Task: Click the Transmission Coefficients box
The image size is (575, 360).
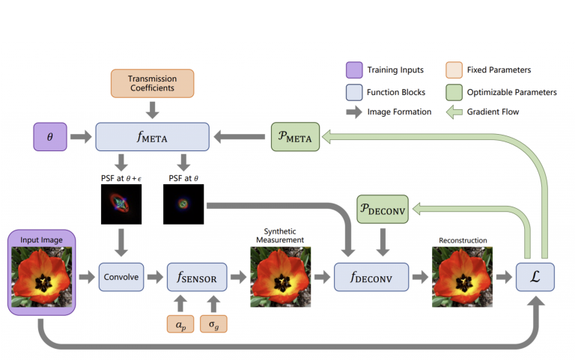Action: tap(152, 84)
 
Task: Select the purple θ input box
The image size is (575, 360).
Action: tap(50, 137)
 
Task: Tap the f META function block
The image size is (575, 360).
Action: tap(152, 137)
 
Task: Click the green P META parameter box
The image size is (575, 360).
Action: tap(295, 137)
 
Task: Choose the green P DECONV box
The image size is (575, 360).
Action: tap(383, 209)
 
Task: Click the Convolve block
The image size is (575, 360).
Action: tap(121, 277)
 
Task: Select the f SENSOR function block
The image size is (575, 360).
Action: tap(197, 277)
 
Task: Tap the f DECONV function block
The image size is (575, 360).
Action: tap(371, 277)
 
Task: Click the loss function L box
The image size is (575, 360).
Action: tap(535, 277)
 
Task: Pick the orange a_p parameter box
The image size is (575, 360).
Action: tap(180, 324)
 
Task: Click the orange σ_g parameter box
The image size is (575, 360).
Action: tap(213, 324)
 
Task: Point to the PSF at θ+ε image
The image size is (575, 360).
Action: tap(121, 204)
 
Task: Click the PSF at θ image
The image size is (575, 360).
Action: tap(183, 204)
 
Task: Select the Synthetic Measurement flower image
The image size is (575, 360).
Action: tap(281, 277)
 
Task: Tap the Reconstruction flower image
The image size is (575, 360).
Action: tap(462, 277)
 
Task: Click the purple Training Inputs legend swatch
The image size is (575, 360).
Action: tap(354, 70)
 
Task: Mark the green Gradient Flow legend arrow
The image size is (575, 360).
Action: tap(454, 112)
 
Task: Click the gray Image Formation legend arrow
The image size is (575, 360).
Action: tap(354, 112)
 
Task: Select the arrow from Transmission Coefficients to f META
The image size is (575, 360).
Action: tap(152, 110)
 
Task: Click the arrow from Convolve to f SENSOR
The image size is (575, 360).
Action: tap(155, 277)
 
